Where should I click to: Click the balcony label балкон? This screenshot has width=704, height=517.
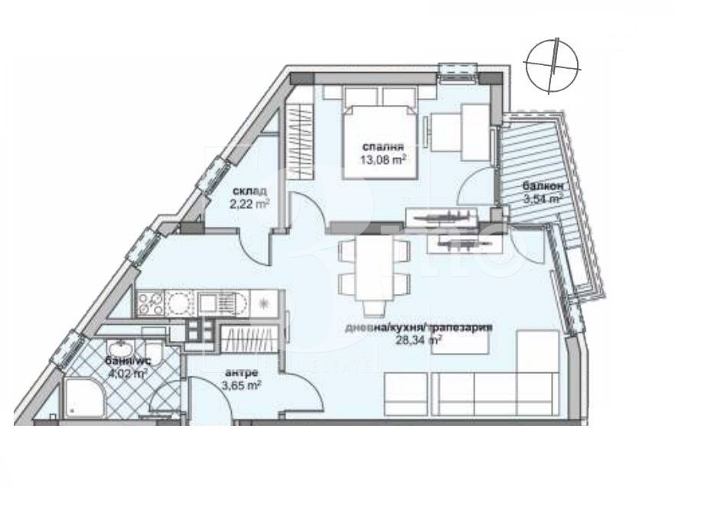pos(543,186)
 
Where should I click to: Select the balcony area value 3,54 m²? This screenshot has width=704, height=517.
pos(543,199)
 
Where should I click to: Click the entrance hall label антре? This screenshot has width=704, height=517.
pos(236,374)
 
